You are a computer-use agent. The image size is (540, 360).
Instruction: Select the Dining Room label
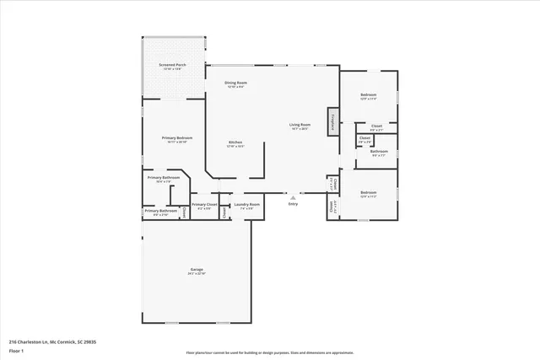pyautogui.click(x=235, y=83)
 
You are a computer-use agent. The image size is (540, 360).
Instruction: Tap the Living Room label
pyautogui.click(x=301, y=125)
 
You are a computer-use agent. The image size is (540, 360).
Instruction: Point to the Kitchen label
pyautogui.click(x=235, y=142)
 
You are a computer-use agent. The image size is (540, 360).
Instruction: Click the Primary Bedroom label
pyautogui.click(x=177, y=137)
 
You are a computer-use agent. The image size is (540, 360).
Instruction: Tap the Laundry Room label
pyautogui.click(x=247, y=204)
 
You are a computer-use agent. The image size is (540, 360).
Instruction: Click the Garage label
pyautogui.click(x=197, y=270)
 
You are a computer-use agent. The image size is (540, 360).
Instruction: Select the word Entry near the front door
pyautogui.click(x=293, y=204)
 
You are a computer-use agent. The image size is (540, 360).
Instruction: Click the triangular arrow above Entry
pyautogui.click(x=293, y=196)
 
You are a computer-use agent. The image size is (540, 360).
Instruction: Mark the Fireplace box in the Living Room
pyautogui.click(x=333, y=121)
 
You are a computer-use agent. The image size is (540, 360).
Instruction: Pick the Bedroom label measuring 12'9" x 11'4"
pyautogui.click(x=368, y=95)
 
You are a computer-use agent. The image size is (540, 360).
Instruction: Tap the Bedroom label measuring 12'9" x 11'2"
pyautogui.click(x=369, y=192)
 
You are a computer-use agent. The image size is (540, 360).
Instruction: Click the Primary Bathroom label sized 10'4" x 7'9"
pyautogui.click(x=164, y=178)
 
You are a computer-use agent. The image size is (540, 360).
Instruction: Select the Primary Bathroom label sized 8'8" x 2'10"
pyautogui.click(x=160, y=211)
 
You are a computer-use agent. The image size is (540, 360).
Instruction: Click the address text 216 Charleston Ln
pyautogui.click(x=51, y=341)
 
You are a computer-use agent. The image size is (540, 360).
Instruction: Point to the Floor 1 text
pyautogui.click(x=17, y=351)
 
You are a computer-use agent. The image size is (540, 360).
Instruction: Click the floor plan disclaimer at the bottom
pyautogui.click(x=269, y=352)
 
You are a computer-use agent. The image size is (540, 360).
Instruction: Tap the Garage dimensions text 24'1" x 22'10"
pyautogui.click(x=197, y=274)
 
